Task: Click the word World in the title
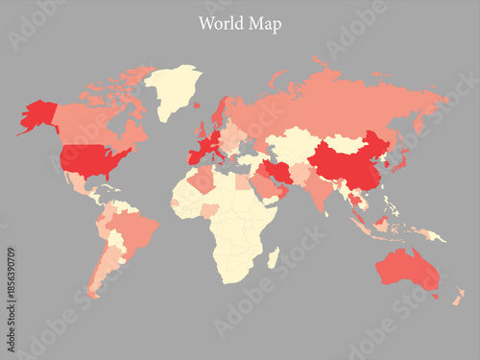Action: tap(220, 24)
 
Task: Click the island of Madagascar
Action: tap(273, 257)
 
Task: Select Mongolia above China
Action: tap(346, 143)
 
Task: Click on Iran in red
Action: tap(276, 173)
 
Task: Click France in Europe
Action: tap(204, 149)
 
